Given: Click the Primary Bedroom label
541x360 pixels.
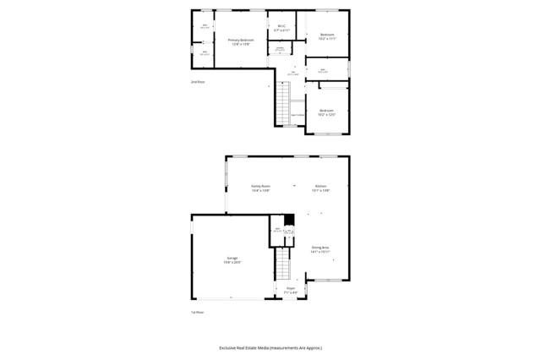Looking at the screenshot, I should coord(240,40).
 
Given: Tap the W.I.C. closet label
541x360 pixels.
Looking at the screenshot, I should coord(281,26).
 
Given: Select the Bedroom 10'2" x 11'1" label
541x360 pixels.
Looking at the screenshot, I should coord(327,35).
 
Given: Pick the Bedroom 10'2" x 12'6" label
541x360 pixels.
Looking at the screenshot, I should coord(327,111).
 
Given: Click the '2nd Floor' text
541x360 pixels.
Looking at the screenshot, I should coord(198,82).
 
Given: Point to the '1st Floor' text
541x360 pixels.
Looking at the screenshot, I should coord(198,312).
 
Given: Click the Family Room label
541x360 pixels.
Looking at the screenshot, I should coord(260,186).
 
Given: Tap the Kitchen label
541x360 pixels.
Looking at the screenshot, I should coord(321,186).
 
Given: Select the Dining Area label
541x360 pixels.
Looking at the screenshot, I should coord(320,248).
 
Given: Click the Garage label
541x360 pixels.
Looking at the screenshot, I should coord(232,258).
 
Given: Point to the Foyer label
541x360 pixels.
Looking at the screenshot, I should coord(291,289).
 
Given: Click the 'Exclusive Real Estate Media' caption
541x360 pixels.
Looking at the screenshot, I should coord(270,347).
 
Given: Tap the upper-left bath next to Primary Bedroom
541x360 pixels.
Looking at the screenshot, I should coord(205,26).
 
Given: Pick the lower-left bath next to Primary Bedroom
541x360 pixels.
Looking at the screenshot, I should coord(205,54).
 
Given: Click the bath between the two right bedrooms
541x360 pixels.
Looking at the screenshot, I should coord(323,71).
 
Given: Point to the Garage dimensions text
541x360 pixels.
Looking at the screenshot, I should coord(232,262).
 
